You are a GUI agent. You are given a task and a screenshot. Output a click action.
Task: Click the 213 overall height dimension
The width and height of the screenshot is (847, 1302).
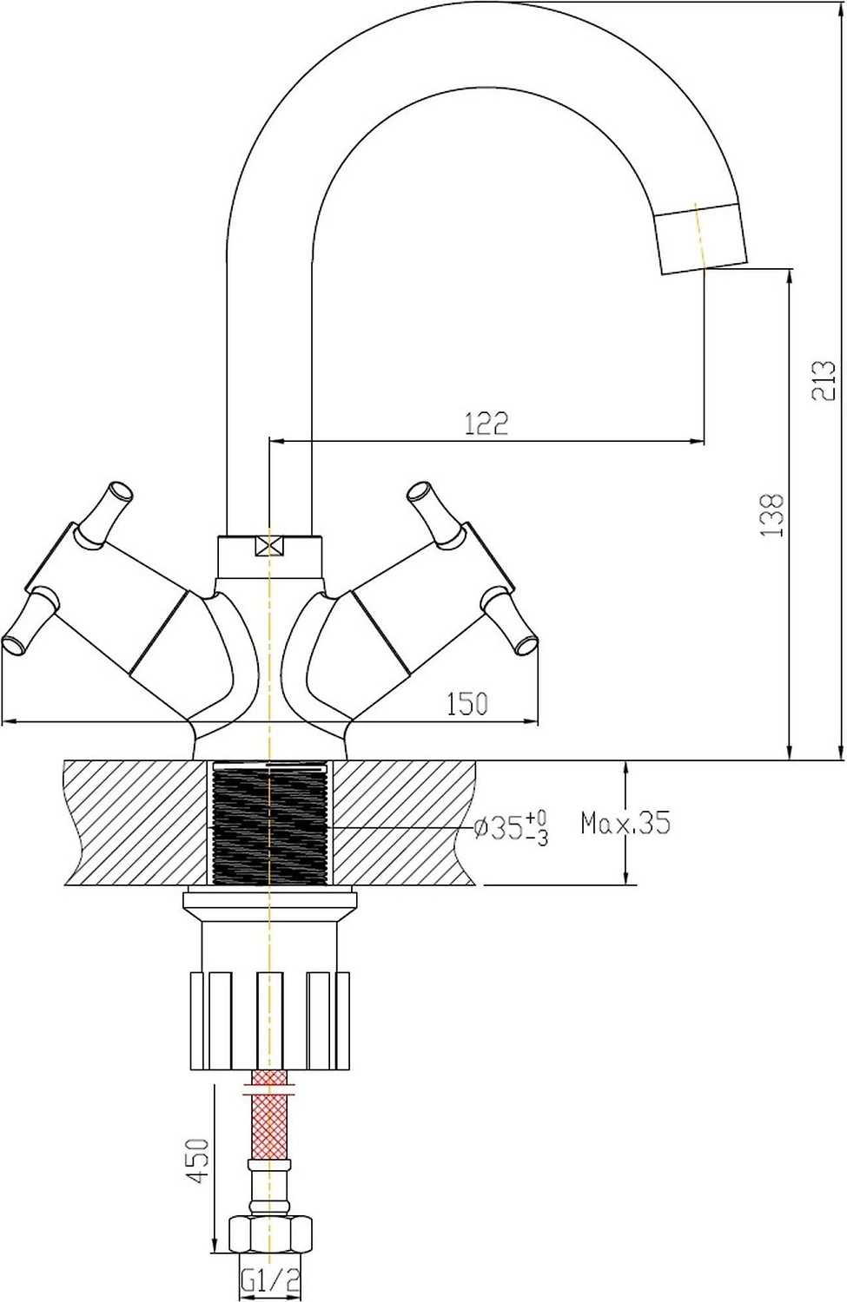(x=824, y=381)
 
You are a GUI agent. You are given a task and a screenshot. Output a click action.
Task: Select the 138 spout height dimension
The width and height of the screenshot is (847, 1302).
(x=773, y=516)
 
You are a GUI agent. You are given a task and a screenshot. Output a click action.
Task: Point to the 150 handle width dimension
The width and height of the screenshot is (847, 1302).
(x=467, y=704)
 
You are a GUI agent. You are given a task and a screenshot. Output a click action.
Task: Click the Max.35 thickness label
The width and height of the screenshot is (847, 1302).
(x=625, y=823)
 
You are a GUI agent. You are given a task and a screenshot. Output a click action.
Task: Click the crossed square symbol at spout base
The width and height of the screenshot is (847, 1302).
(x=269, y=546)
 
